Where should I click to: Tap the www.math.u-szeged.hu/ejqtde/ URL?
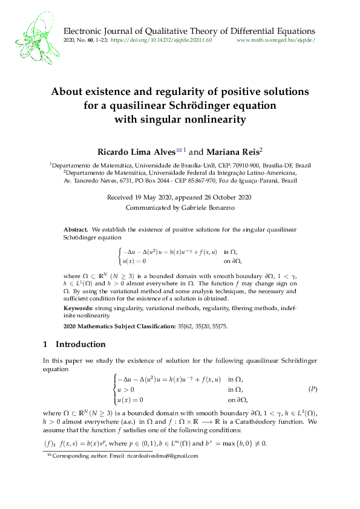276,39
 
